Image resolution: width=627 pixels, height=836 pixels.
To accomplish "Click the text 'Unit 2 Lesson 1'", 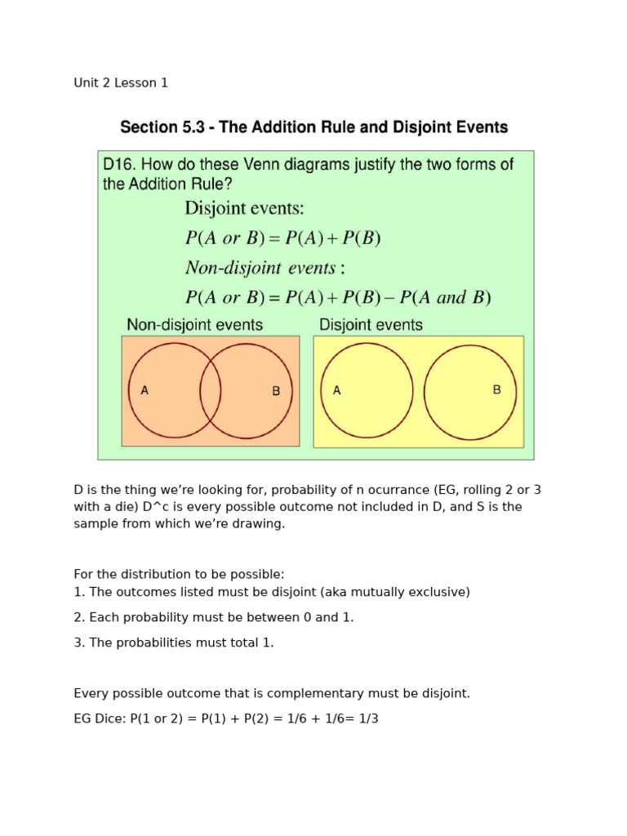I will tap(121, 82).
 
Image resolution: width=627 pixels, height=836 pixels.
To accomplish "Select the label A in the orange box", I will tap(145, 390).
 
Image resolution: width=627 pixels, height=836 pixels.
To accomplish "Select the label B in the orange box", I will tap(276, 391).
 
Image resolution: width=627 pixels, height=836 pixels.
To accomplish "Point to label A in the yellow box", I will tap(336, 390).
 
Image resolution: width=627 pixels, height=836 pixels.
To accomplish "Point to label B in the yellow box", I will tap(496, 389).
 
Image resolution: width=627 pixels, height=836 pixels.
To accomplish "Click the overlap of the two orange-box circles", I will tap(211, 390).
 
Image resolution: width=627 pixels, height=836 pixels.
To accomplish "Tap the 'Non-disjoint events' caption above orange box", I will tap(194, 325).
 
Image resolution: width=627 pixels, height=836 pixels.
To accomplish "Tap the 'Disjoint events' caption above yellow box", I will tap(371, 325).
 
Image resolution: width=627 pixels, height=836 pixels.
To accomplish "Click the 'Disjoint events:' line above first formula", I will tap(244, 208).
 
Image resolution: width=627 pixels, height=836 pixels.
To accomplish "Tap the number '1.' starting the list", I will tap(79, 592).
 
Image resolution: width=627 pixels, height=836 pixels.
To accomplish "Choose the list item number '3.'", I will tap(79, 643).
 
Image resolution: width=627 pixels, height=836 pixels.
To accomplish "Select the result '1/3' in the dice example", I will tap(368, 718).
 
